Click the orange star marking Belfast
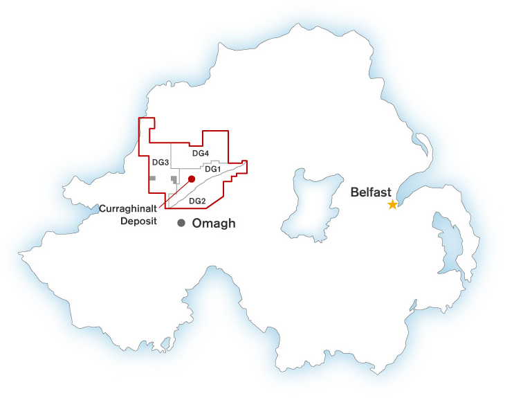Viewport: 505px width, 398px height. (393, 205)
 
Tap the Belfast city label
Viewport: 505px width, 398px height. (371, 192)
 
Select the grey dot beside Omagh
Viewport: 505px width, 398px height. (181, 223)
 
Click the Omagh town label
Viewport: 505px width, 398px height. (214, 223)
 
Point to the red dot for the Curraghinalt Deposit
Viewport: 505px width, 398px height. (192, 179)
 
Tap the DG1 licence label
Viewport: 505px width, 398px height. (212, 169)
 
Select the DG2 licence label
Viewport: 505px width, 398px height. (197, 201)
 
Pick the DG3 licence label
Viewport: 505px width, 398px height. (160, 162)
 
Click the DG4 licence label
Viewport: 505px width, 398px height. (201, 153)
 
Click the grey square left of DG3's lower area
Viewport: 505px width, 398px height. (152, 178)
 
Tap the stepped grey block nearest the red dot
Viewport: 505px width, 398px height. (174, 179)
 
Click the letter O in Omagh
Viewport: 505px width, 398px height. (197, 223)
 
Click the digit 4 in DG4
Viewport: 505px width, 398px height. (206, 153)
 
